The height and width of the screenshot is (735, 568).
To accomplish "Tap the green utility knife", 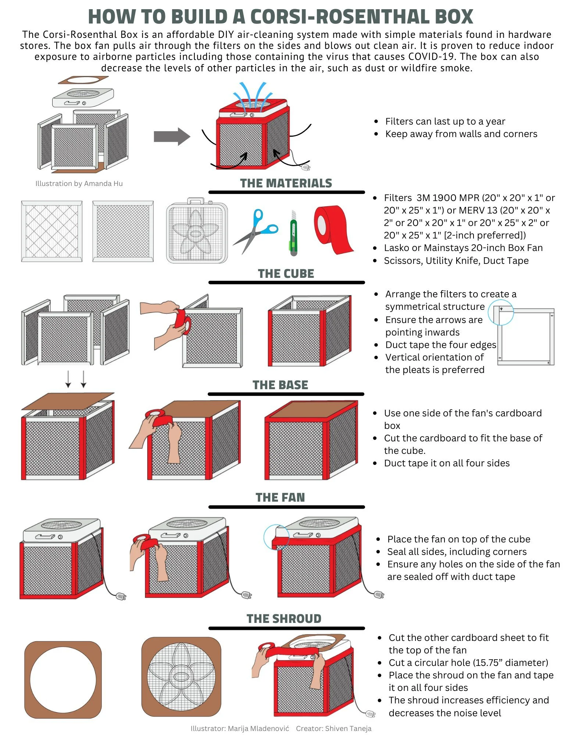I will tap(293, 233).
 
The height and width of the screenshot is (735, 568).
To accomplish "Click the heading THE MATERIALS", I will tap(286, 183).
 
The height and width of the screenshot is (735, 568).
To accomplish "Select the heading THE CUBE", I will tap(286, 274).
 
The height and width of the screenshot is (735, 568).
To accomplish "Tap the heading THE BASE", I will tap(280, 385).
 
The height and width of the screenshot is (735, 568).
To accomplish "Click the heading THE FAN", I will tap(280, 497).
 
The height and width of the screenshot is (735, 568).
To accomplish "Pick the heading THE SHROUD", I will tap(284, 619).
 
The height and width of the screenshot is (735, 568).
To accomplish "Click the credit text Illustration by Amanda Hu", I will tap(79, 183).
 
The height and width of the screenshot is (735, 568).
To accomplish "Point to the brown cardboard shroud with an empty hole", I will tap(63, 680).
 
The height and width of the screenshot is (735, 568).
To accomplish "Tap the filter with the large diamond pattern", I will tap(51, 231).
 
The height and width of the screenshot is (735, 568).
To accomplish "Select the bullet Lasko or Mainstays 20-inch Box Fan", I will tap(463, 248).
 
